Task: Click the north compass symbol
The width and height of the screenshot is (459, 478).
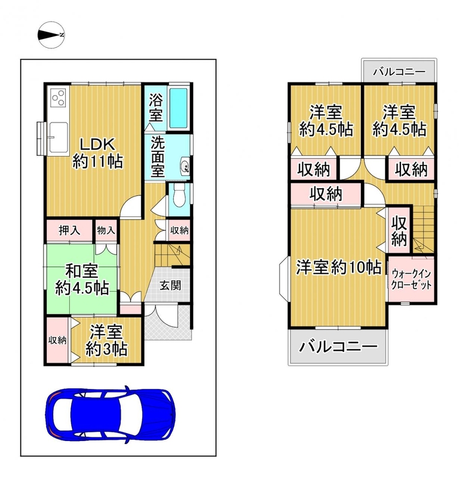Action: click(51, 35)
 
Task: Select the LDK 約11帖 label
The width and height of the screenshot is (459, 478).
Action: click(97, 153)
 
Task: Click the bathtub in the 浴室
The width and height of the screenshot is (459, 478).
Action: click(179, 108)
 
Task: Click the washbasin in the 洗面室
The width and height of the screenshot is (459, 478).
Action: click(185, 166)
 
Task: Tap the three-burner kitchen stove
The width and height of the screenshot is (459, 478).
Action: click(58, 97)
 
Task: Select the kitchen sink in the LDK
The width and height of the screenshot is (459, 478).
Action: click(58, 137)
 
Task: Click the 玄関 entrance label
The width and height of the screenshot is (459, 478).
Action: click(171, 286)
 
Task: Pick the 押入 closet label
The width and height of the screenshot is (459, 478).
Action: click(69, 231)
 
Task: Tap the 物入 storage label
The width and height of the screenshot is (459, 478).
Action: click(106, 230)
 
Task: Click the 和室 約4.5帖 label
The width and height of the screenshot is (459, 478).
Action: click(82, 280)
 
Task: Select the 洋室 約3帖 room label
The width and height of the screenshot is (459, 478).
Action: click(106, 341)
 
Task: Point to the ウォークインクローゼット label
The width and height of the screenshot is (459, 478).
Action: click(411, 280)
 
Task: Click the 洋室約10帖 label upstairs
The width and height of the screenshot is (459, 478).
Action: click(338, 268)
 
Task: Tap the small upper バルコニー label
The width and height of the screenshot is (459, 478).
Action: click(399, 72)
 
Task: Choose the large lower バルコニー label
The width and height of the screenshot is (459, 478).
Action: click(338, 347)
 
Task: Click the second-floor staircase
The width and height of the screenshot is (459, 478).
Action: click(423, 229)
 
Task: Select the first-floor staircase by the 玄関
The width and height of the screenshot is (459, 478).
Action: click(172, 255)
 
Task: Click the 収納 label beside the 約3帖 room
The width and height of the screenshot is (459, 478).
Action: click(57, 340)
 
